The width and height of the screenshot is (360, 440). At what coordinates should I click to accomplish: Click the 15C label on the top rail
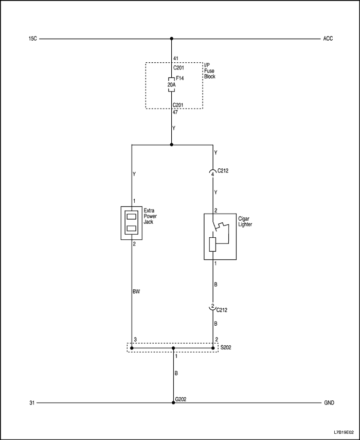tap(32, 39)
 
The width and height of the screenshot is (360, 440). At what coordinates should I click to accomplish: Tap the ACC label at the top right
tap(328, 39)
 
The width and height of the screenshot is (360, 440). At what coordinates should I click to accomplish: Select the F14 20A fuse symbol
tap(172, 84)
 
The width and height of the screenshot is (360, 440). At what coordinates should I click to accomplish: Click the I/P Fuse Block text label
tap(209, 71)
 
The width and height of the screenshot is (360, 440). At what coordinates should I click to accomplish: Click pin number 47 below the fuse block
tap(175, 112)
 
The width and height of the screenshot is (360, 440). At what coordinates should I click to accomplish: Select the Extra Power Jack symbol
tap(131, 222)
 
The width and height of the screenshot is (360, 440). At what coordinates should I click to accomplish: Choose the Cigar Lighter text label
tap(245, 221)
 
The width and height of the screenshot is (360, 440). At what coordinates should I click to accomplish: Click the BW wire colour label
tap(136, 291)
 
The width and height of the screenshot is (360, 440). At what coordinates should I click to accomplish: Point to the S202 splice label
tap(226, 348)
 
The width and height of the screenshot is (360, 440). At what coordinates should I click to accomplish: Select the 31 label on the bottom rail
tap(32, 403)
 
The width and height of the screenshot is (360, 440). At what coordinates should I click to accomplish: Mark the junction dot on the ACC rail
tap(172, 39)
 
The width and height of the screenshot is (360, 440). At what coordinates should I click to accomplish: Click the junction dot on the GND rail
tap(173, 403)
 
